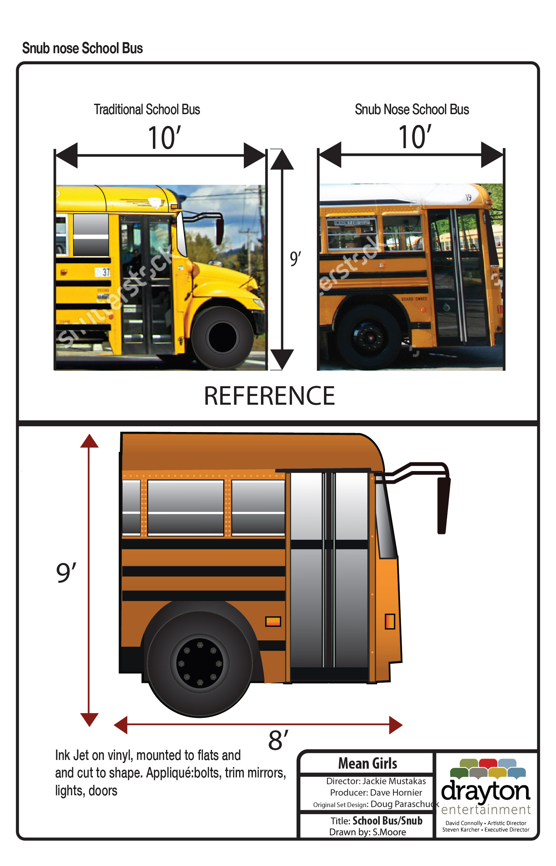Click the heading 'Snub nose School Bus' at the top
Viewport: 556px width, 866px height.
(x=82, y=48)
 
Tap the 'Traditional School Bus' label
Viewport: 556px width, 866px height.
(x=147, y=109)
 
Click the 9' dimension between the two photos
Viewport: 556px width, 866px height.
(x=295, y=259)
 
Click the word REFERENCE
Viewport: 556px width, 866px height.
(x=269, y=396)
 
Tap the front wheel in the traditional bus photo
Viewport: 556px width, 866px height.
(x=222, y=337)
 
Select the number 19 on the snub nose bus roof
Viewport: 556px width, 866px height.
(x=468, y=197)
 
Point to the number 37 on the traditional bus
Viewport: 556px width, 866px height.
(x=105, y=272)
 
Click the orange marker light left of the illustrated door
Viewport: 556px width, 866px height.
(x=273, y=621)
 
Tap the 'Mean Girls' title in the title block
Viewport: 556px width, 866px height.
(x=367, y=764)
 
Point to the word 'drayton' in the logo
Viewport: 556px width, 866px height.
(x=485, y=791)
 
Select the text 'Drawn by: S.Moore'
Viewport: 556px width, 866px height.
(x=367, y=832)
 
